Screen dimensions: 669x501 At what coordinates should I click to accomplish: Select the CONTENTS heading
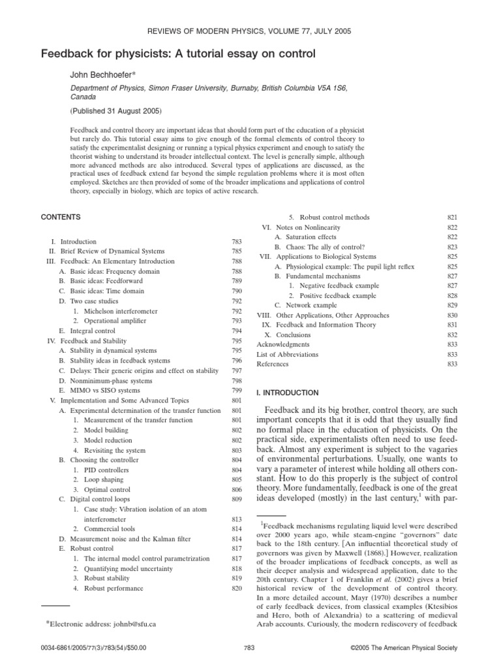61,216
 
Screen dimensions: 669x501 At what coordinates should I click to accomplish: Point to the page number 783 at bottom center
248,647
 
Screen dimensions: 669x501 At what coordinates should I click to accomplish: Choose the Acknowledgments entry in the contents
283,344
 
